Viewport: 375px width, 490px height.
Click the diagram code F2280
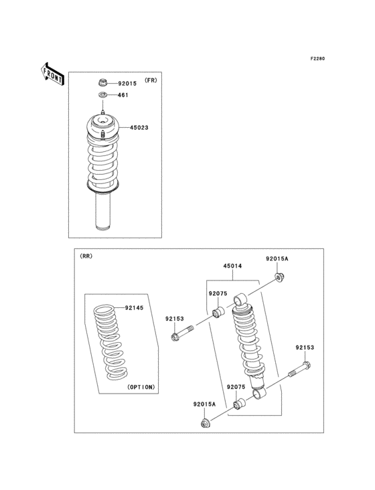tap(317, 59)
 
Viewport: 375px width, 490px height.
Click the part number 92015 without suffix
tap(127, 84)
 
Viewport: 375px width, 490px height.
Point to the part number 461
tap(123, 95)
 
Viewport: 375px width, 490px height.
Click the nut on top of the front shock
tap(102, 83)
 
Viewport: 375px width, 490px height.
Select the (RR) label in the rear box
tap(86, 256)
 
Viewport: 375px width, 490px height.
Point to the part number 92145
tap(135, 308)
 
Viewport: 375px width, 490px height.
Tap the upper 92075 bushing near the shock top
tap(218, 313)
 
